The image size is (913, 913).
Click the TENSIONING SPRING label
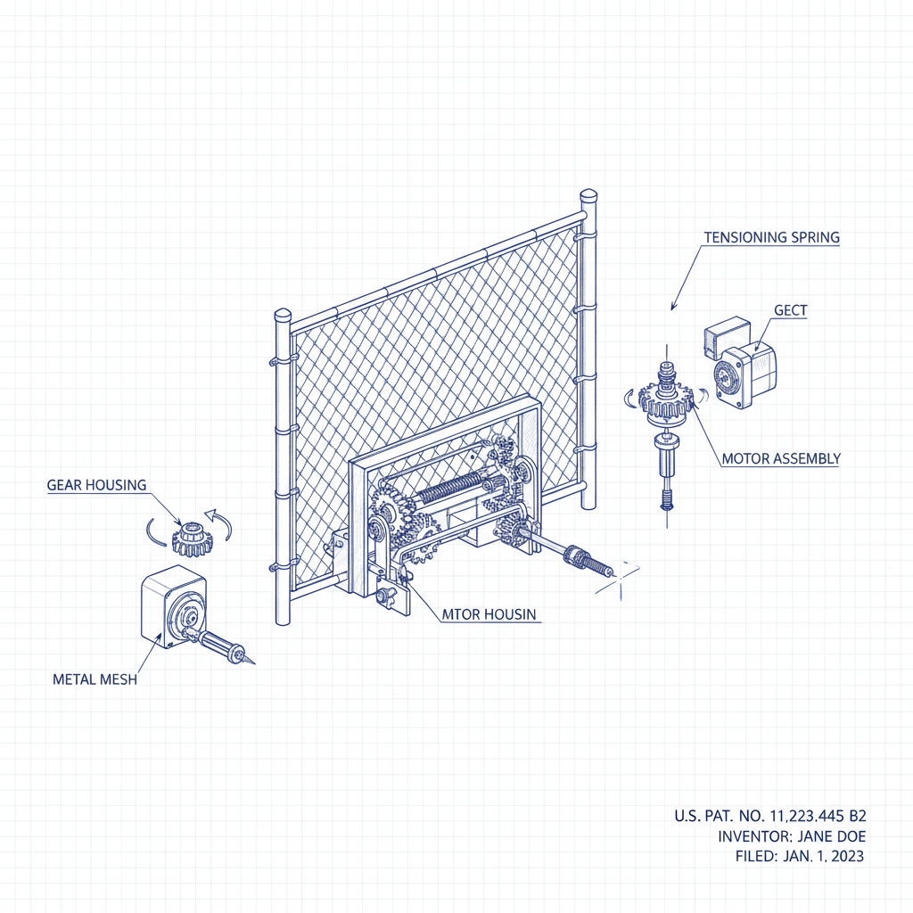coord(771,238)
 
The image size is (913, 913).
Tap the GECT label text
coord(790,310)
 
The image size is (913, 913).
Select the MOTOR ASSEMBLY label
coord(780,459)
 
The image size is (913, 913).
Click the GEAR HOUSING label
coord(96,485)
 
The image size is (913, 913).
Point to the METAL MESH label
coord(95,679)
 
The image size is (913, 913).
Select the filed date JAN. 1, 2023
coord(827,857)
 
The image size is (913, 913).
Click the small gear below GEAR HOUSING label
coord(190,539)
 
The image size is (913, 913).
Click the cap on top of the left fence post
coord(283,317)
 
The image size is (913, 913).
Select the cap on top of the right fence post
coord(588,196)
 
